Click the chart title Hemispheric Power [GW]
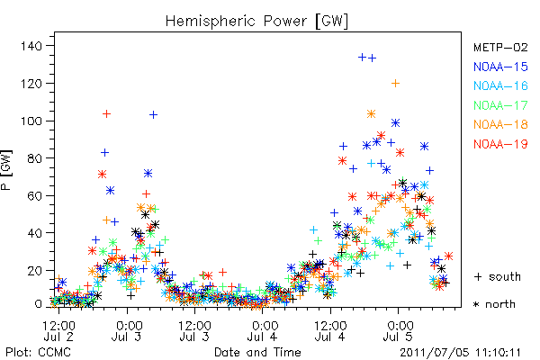256,22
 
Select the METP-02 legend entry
500,47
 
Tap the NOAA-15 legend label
500,67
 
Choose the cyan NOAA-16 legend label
500,85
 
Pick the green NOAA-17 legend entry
500,105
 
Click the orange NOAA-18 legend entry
500,124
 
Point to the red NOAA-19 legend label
500,144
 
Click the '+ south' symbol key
498,276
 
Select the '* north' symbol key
494,304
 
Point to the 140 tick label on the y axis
31,46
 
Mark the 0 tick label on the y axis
38,304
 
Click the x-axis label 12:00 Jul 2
58,330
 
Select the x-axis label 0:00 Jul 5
399,330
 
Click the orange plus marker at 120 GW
395,84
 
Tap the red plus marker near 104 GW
107,113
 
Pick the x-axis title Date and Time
257,353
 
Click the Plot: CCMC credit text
38,353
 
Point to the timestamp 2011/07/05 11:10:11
461,353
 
